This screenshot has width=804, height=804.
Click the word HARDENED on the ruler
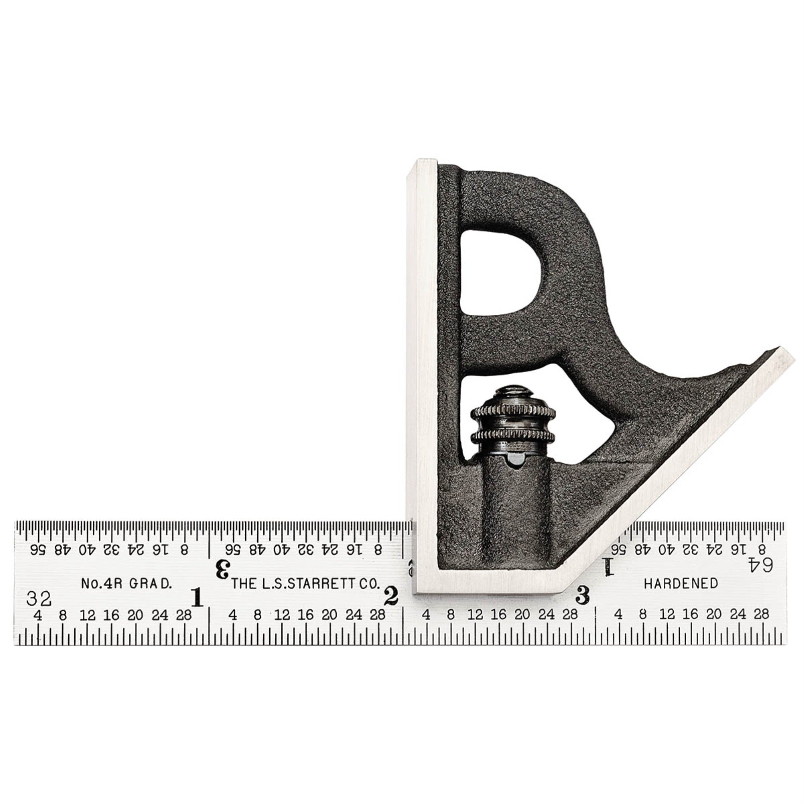coord(681,583)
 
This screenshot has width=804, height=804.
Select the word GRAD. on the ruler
coord(150,583)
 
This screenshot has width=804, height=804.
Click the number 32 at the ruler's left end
coord(39,599)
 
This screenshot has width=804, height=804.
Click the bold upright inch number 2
coord(391,596)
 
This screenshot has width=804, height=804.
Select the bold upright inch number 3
coord(582,595)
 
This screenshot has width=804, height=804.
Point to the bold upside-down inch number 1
coord(608,567)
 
